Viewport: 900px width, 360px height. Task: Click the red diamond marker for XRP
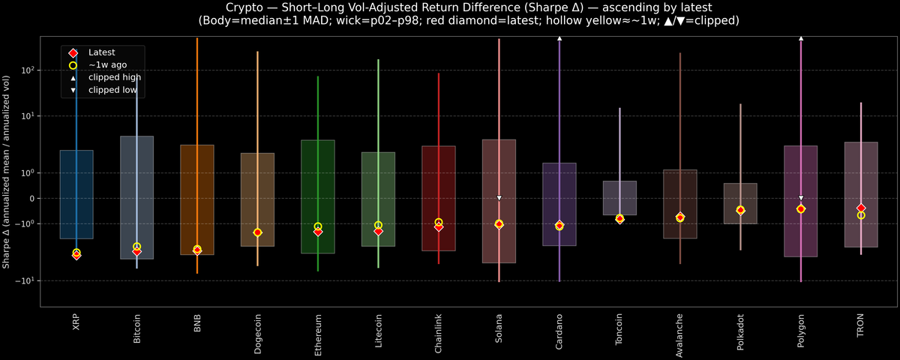pyautogui.click(x=76, y=256)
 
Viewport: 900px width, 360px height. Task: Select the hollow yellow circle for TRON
pyautogui.click(x=861, y=215)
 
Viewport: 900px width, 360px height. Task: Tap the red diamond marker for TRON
pyautogui.click(x=861, y=208)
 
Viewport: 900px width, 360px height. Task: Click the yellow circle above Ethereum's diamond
pyautogui.click(x=318, y=226)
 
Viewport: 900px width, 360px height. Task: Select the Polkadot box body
pyautogui.click(x=740, y=203)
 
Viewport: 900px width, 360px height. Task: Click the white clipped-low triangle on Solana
pyautogui.click(x=499, y=198)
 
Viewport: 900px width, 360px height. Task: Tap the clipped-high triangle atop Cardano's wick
pyautogui.click(x=559, y=37)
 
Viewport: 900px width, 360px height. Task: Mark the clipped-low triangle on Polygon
pyautogui.click(x=801, y=198)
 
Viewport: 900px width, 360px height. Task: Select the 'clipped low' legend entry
pyautogui.click(x=112, y=90)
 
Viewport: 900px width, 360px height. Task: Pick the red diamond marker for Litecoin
pyautogui.click(x=379, y=232)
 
